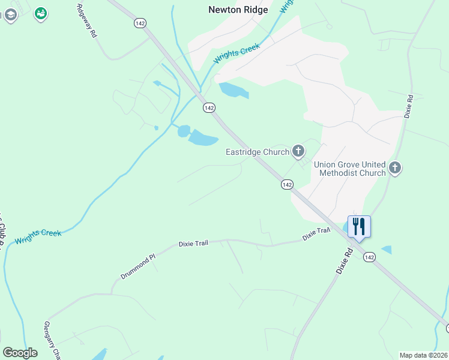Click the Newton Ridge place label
coord(238,10)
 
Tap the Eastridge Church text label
coord(258,152)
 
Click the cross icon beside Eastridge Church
coord(298,151)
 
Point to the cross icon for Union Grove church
coord(395,168)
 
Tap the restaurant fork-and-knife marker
coord(359,227)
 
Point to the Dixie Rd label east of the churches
coord(409,106)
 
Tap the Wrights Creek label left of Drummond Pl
coord(38,236)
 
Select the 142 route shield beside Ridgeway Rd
coord(140,23)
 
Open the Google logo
coord(20,353)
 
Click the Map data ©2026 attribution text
coord(423,355)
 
